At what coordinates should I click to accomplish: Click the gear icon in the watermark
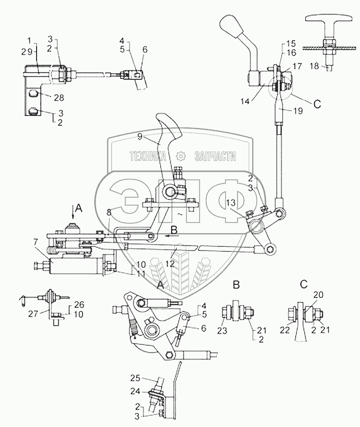point(180,157)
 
